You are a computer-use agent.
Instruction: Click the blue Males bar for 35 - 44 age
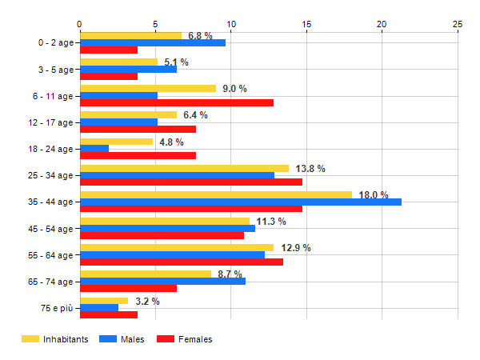pos(240,202)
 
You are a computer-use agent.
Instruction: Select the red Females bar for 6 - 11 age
pos(176,102)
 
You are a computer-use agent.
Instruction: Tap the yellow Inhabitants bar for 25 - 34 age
pos(184,168)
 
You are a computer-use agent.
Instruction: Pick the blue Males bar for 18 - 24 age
pos(94,149)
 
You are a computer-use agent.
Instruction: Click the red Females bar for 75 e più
pos(109,314)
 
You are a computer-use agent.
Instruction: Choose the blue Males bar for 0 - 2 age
pos(152,42)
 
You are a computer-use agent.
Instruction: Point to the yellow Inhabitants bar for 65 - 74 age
pos(146,274)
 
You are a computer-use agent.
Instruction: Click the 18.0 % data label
pos(374,195)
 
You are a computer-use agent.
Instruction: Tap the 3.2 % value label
pos(147,302)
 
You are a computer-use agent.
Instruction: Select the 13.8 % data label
pos(310,169)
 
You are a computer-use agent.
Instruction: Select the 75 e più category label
pos(55,308)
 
